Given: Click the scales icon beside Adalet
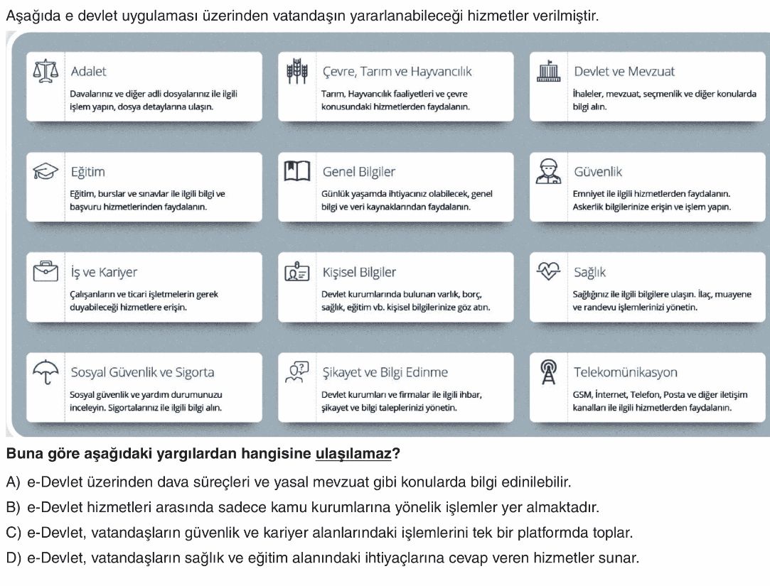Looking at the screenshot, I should click(46, 71).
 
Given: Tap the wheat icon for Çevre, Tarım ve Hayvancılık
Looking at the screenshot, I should click(296, 71).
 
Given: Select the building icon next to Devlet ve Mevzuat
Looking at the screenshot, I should click(548, 71).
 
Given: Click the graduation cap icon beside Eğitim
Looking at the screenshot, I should click(46, 171).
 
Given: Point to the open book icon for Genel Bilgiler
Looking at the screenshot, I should click(296, 171).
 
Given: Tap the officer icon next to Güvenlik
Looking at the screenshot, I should click(548, 171).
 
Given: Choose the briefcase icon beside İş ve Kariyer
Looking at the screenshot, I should click(46, 272).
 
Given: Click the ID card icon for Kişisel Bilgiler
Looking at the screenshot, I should click(296, 272).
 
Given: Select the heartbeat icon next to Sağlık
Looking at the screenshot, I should click(548, 272).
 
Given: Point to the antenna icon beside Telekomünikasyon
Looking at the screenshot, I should click(548, 372).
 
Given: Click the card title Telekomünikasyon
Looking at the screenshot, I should click(625, 372).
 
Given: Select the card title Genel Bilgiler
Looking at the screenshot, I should click(358, 172).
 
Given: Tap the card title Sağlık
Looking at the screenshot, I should click(589, 273).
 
